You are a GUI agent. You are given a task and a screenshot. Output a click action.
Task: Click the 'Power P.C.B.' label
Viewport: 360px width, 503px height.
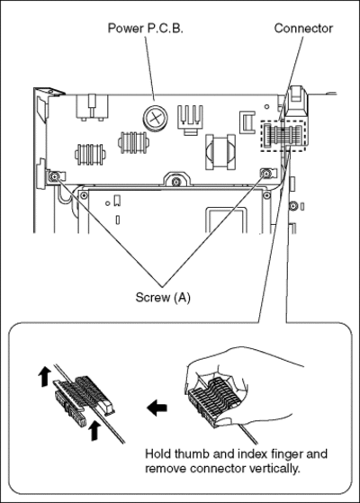pyautogui.click(x=145, y=29)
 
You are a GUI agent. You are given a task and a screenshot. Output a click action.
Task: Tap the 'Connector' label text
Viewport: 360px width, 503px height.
pyautogui.click(x=303, y=29)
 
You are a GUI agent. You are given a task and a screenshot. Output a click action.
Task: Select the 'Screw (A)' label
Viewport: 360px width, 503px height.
pyautogui.click(x=163, y=297)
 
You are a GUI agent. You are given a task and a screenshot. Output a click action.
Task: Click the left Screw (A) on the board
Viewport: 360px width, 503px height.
pyautogui.click(x=55, y=175)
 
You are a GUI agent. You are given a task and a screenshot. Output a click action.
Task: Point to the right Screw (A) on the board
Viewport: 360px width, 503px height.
pyautogui.click(x=266, y=174)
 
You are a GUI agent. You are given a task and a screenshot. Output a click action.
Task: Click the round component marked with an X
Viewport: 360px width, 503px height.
pyautogui.click(x=156, y=119)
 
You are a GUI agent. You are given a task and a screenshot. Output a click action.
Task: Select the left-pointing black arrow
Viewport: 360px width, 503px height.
pyautogui.click(x=157, y=408)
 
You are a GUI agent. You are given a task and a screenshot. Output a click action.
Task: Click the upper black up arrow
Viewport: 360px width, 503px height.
pyautogui.click(x=44, y=377)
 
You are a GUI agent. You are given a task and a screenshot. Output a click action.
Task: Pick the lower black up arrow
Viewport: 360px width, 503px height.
pyautogui.click(x=94, y=431)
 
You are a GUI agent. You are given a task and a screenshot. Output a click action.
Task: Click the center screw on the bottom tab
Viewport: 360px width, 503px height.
pyautogui.click(x=175, y=182)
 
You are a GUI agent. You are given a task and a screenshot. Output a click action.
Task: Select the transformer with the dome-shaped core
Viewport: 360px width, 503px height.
pyautogui.click(x=220, y=152)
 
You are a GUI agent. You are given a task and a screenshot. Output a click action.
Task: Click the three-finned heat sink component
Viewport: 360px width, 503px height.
pyautogui.click(x=190, y=120)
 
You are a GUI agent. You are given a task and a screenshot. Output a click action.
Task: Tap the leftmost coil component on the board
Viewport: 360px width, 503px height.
pyautogui.click(x=90, y=154)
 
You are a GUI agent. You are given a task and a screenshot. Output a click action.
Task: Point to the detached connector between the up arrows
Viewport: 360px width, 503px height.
pyautogui.click(x=84, y=400)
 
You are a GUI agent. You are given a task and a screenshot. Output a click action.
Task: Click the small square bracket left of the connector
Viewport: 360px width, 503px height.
pyautogui.click(x=247, y=122)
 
